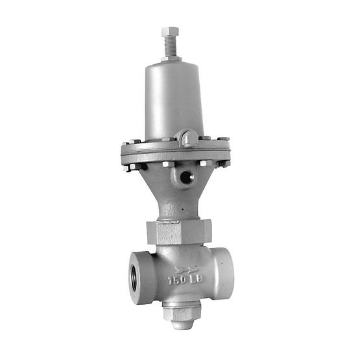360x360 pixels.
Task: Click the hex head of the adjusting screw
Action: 170,32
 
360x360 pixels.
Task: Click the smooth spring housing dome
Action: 173,97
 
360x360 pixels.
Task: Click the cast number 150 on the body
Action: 176,281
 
